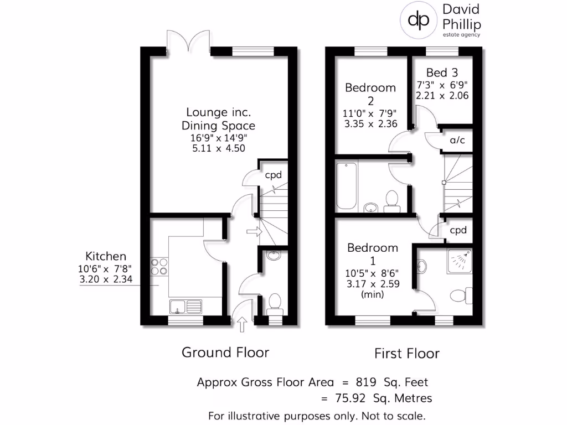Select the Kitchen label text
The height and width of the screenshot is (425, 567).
(105, 256)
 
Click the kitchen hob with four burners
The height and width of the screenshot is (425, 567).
(159, 267)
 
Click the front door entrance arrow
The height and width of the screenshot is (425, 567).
(241, 324)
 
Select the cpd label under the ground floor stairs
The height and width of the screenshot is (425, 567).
(274, 175)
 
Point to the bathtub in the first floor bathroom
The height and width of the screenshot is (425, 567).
(346, 185)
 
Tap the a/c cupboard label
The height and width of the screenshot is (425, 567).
(457, 141)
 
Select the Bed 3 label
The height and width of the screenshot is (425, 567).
(442, 72)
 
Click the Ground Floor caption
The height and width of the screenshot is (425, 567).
(225, 352)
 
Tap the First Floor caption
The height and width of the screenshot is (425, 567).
(407, 353)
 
